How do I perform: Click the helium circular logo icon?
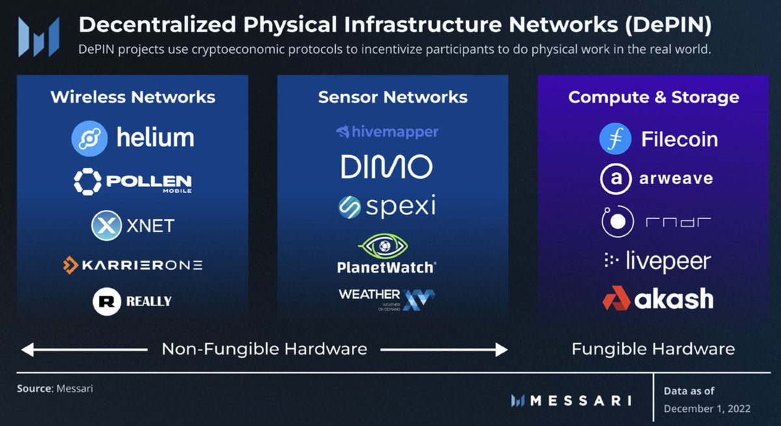[x=89, y=138]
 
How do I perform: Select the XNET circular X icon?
[x=105, y=226]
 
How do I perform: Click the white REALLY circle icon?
[x=107, y=301]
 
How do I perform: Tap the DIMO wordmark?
[x=387, y=167]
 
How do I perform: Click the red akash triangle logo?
[x=616, y=299]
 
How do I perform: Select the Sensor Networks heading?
[x=392, y=98]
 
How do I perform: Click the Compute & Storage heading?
[x=653, y=98]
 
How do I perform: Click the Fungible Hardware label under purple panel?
[x=653, y=349]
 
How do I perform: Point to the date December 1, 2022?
[x=707, y=409]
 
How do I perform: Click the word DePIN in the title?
[x=669, y=25]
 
